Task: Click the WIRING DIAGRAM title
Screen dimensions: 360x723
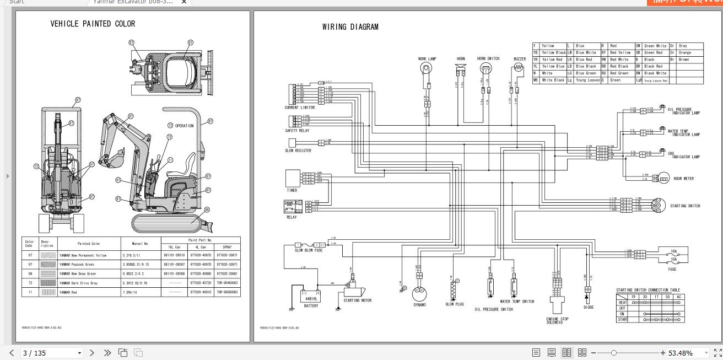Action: (x=350, y=27)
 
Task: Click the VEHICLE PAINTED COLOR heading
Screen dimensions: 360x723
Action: (x=93, y=24)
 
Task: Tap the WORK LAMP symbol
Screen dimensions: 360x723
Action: (x=427, y=68)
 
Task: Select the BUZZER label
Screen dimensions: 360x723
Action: (x=519, y=58)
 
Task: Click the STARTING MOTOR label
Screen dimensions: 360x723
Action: (x=358, y=300)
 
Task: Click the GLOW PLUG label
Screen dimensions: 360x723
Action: (x=454, y=304)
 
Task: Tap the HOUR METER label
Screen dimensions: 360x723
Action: (x=684, y=179)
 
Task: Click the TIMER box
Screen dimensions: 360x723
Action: (x=292, y=178)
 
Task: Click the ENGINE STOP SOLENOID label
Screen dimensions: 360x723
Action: (x=557, y=320)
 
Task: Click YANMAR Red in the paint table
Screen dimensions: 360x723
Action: (x=68, y=292)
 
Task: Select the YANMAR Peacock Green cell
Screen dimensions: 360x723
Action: (x=77, y=265)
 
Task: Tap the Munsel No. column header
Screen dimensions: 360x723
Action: (x=140, y=243)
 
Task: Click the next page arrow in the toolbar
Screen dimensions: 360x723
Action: (x=92, y=353)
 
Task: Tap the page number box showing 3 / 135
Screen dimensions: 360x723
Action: (x=51, y=353)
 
